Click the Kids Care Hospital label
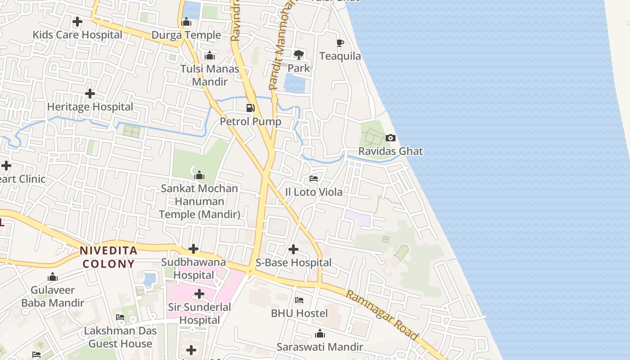click(77, 35)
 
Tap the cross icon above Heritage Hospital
click(90, 94)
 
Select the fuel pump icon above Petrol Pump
click(251, 108)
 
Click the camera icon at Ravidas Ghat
click(391, 138)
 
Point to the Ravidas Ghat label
click(391, 151)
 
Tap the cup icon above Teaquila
click(340, 43)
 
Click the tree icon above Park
click(298, 55)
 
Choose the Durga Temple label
click(186, 35)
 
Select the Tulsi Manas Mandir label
click(210, 75)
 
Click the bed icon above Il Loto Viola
click(314, 179)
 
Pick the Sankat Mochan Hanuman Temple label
click(199, 201)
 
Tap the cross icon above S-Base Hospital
click(293, 249)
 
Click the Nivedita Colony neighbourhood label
click(108, 257)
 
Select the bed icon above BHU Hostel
click(299, 300)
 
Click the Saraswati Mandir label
click(319, 347)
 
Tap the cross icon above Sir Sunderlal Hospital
click(199, 294)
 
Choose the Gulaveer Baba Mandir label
click(53, 297)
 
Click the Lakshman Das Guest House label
click(120, 337)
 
